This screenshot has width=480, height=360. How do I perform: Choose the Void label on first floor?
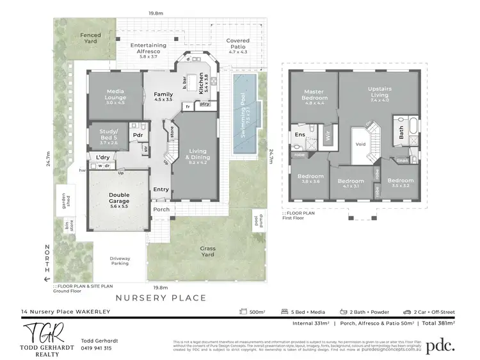pyautogui.click(x=360, y=144)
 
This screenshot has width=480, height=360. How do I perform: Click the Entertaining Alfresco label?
pyautogui.click(x=148, y=49)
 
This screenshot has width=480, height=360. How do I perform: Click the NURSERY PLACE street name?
pyautogui.click(x=160, y=297)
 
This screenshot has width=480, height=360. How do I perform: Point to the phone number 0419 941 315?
pyautogui.click(x=97, y=348)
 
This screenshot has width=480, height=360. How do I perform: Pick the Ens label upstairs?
pyautogui.click(x=300, y=135)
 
